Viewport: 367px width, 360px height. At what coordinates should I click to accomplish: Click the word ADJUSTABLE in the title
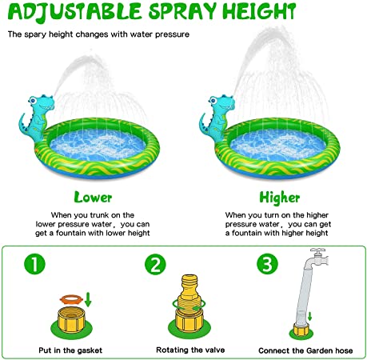click(74, 11)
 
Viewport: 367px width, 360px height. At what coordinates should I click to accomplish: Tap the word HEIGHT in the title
click(259, 11)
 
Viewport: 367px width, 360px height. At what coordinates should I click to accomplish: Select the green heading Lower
click(93, 197)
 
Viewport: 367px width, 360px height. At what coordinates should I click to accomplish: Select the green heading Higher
click(279, 198)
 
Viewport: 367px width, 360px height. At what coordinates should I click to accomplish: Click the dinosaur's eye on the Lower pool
click(33, 101)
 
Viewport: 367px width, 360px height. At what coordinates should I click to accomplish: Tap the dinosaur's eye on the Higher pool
click(213, 101)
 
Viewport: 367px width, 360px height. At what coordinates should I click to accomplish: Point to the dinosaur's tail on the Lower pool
click(22, 124)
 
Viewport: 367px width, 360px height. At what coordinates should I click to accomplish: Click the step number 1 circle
click(34, 264)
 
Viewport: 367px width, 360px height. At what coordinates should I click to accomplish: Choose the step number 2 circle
click(155, 264)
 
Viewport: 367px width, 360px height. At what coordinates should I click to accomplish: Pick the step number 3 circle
click(267, 264)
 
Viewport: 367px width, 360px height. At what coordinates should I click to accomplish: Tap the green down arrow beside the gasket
click(88, 300)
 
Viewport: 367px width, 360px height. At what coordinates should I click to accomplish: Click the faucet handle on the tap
click(317, 250)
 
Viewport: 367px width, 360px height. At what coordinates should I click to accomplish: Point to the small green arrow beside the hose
click(309, 317)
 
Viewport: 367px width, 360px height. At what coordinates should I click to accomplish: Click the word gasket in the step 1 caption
click(90, 350)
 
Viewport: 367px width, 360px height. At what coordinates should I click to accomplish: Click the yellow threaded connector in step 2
click(189, 304)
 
